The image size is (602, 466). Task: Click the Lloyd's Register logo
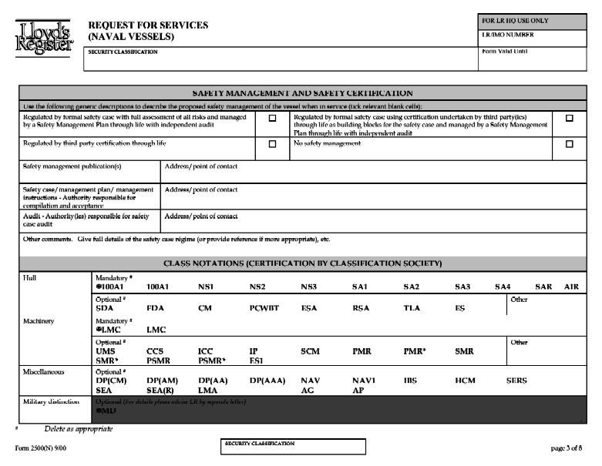coord(43,36)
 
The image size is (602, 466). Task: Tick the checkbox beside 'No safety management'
coord(570,144)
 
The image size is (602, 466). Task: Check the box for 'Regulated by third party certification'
coord(272,144)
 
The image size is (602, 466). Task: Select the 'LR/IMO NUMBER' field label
coord(508,35)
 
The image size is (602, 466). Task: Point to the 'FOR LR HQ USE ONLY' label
coord(515,21)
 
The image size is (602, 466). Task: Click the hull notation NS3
coord(309,287)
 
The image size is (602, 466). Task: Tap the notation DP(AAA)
coord(264,381)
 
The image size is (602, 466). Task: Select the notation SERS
coord(516,381)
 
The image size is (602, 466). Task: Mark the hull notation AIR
coord(571,287)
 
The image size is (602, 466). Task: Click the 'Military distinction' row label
coord(49,402)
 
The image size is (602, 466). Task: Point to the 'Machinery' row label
coord(39,321)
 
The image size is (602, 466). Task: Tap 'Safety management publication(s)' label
coord(72,166)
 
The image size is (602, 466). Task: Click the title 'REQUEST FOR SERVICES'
coord(148,25)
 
